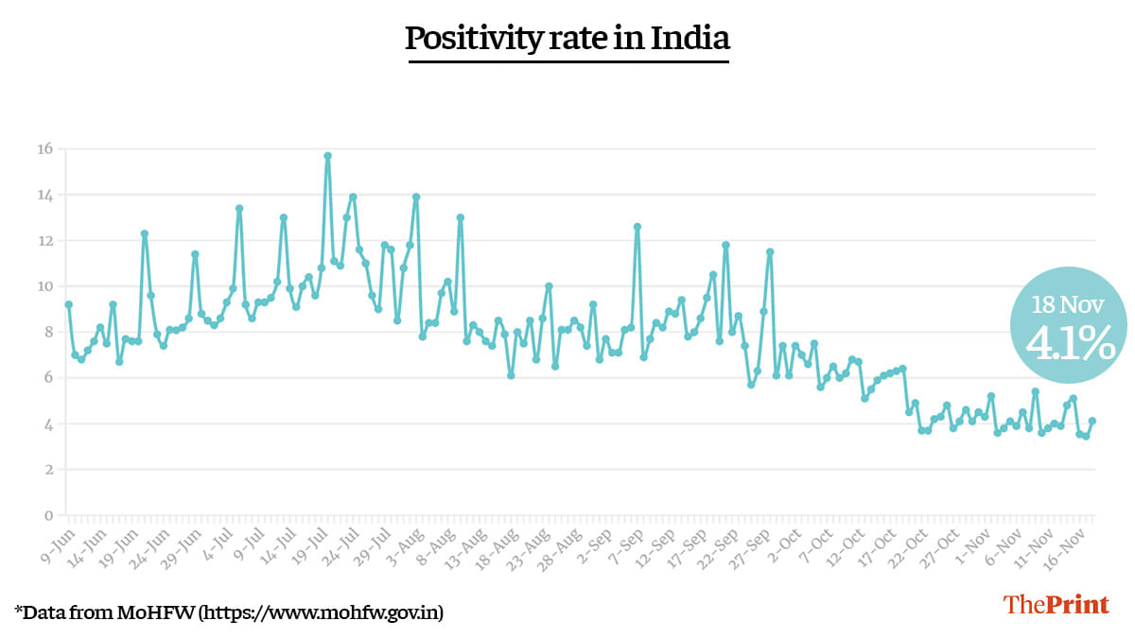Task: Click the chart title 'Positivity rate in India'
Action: point(567,39)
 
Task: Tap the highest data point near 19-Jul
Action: point(327,156)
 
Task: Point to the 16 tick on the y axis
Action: point(44,148)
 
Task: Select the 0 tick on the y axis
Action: point(48,515)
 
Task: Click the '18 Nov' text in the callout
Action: point(1070,304)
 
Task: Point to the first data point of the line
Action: point(68,304)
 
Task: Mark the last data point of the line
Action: point(1092,421)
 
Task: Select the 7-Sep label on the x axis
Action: point(624,542)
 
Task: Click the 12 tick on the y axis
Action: point(44,240)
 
